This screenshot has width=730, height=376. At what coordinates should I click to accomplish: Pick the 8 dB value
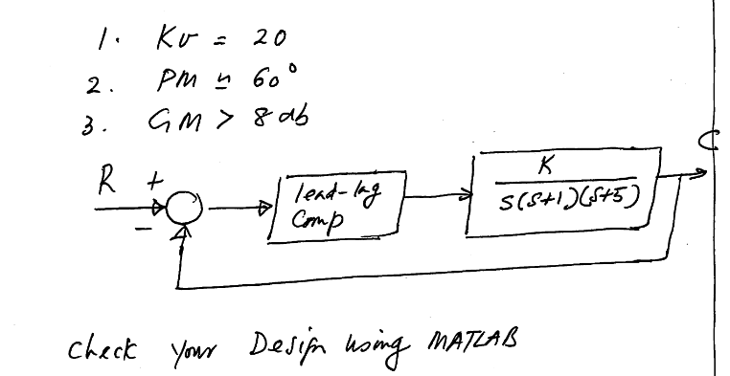pos(279,116)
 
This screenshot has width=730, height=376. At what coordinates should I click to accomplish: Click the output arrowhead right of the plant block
pos(700,173)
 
